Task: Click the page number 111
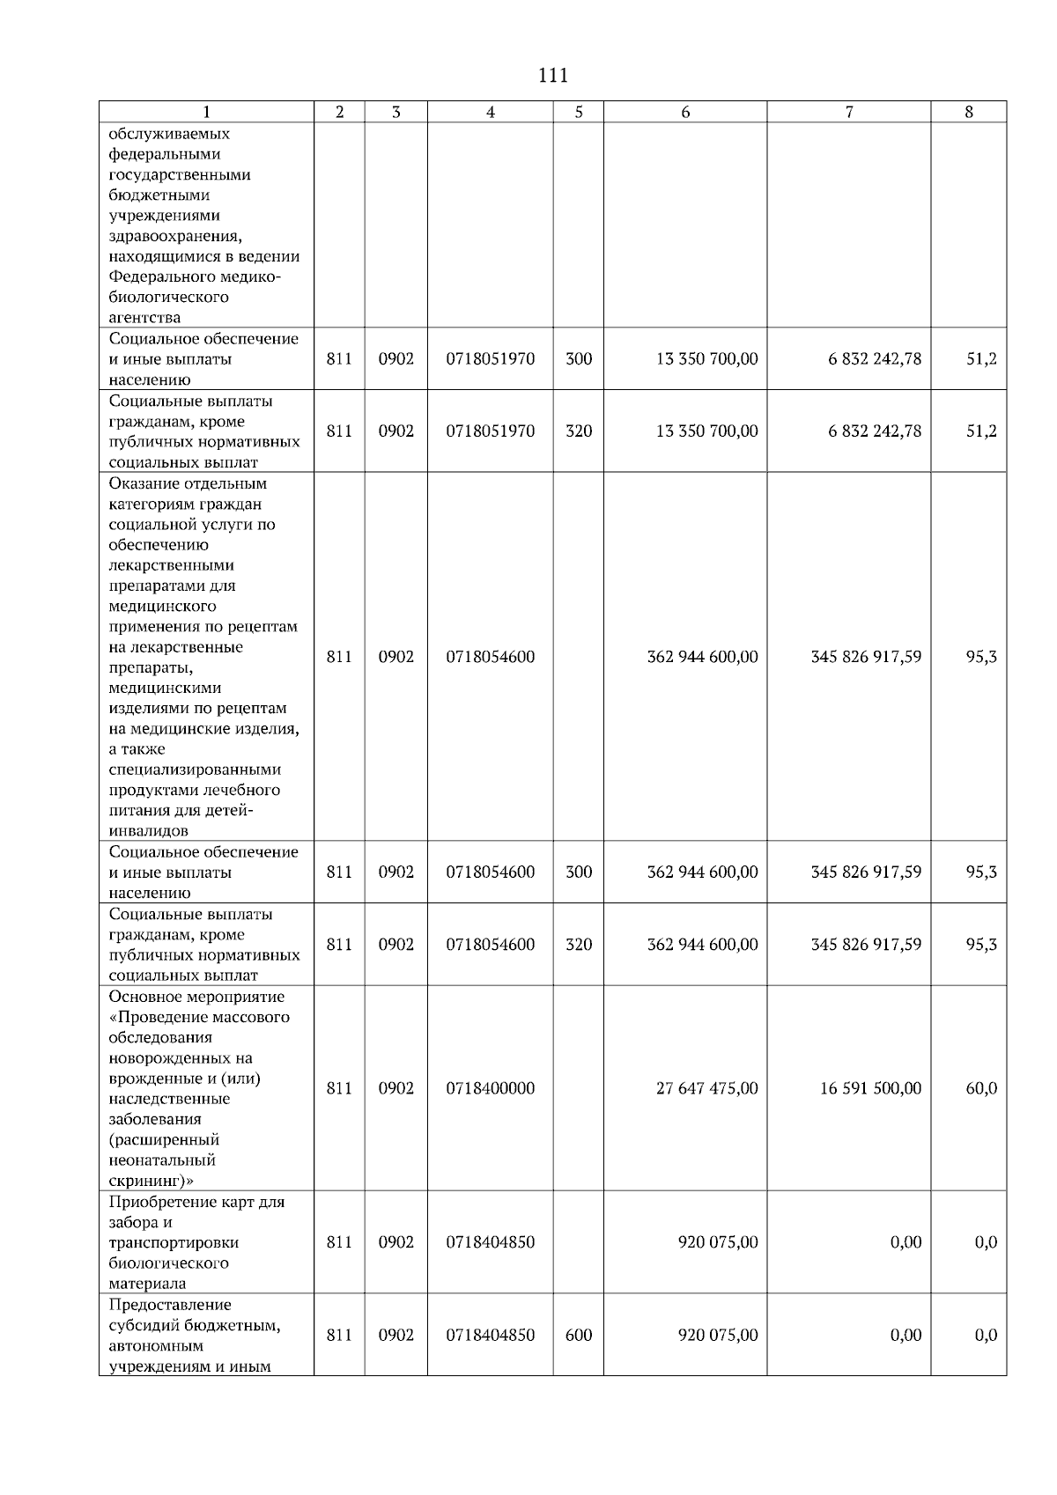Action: click(x=552, y=76)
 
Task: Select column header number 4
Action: click(x=491, y=112)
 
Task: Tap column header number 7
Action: click(x=848, y=112)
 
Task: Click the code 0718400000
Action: click(x=490, y=1088)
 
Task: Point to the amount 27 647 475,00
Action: click(x=706, y=1088)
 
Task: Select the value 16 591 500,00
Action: click(x=870, y=1088)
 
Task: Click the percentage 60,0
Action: click(x=981, y=1088)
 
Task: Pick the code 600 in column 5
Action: click(x=579, y=1335)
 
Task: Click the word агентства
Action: click(x=144, y=318)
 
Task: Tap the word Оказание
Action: click(x=144, y=483)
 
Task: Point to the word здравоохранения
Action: click(x=175, y=236)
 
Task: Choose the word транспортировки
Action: click(x=174, y=1242)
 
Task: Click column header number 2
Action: click(x=340, y=112)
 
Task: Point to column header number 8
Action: click(x=969, y=112)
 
